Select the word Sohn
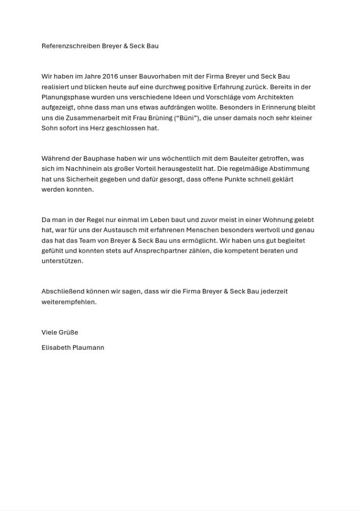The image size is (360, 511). [x=50, y=128]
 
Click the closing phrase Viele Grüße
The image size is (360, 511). [x=60, y=333]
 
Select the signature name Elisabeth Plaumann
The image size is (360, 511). [x=73, y=348]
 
